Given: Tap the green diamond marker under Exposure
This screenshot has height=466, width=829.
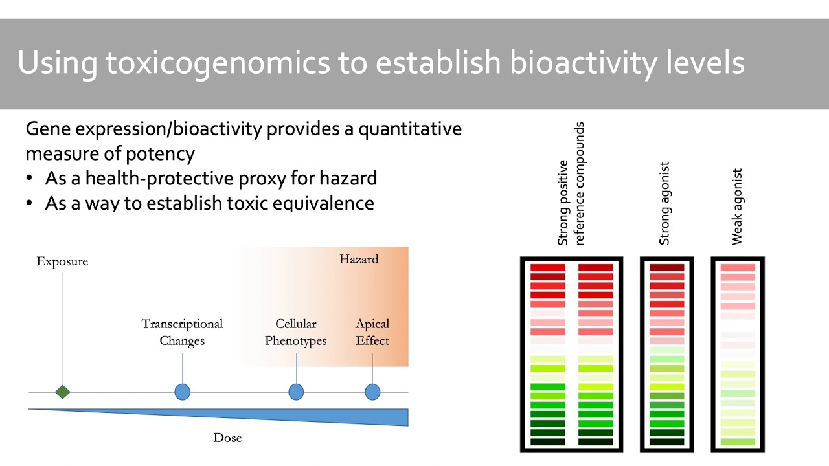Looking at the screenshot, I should (62, 392).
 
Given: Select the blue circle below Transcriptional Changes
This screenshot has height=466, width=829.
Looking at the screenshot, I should (183, 392).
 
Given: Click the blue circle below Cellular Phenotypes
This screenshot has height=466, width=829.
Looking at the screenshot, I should (296, 392).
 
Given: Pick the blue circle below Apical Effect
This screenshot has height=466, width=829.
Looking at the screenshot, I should (372, 392).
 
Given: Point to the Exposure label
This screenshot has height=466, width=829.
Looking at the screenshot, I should (62, 261).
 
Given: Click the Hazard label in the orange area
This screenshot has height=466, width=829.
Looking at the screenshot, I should (359, 259).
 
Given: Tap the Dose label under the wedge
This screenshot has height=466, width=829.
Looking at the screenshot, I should (227, 438).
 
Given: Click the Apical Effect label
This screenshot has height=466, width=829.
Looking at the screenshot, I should (372, 332).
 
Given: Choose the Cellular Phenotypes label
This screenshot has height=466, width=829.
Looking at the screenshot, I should (296, 332).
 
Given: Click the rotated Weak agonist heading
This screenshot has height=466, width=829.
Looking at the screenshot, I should (737, 206).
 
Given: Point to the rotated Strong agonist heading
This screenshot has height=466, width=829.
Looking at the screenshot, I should (664, 203).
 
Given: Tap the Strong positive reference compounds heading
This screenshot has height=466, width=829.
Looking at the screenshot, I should (571, 184).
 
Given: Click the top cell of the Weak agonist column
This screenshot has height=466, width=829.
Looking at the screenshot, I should (738, 267).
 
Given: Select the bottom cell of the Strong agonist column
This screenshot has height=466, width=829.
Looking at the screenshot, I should (666, 442).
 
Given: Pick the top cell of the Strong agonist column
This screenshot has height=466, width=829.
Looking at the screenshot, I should (666, 267).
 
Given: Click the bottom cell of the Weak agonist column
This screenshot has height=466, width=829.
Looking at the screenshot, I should (738, 442).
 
